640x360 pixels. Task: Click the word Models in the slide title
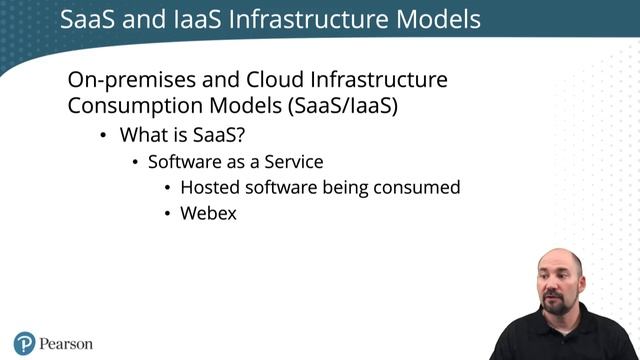pyautogui.click(x=433, y=19)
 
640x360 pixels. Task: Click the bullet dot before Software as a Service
pyautogui.click(x=135, y=162)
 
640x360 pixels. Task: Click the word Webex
pyautogui.click(x=209, y=212)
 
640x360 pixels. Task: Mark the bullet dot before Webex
pyautogui.click(x=167, y=213)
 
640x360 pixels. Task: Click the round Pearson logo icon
pyautogui.click(x=25, y=343)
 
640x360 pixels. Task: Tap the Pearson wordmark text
pyautogui.click(x=65, y=343)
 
